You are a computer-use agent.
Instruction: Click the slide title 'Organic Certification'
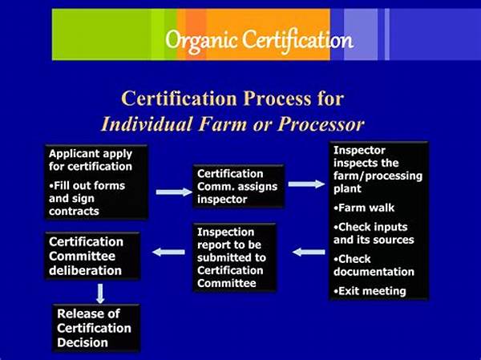click(258, 38)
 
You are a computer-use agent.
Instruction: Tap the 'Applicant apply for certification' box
click(96, 182)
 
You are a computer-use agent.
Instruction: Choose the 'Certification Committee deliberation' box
click(92, 255)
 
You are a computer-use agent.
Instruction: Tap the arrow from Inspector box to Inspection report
click(309, 252)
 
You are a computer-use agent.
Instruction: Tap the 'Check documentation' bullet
click(374, 265)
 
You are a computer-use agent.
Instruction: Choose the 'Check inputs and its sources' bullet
click(374, 233)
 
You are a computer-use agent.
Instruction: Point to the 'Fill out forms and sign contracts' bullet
click(87, 198)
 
